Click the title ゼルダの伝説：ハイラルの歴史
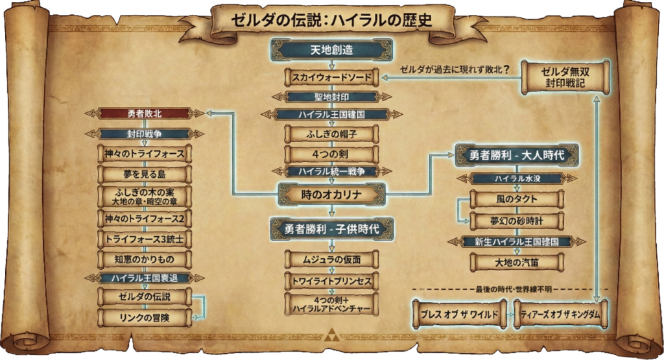pyautogui.click(x=331, y=20)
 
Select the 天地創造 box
pyautogui.click(x=331, y=51)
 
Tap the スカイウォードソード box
pyautogui.click(x=331, y=77)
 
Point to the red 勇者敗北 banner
pyautogui.click(x=145, y=113)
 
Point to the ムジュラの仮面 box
pyautogui.click(x=331, y=259)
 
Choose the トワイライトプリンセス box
pyautogui.click(x=331, y=282)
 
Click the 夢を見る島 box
pyautogui.click(x=145, y=174)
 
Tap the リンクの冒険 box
pyautogui.click(x=145, y=317)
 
